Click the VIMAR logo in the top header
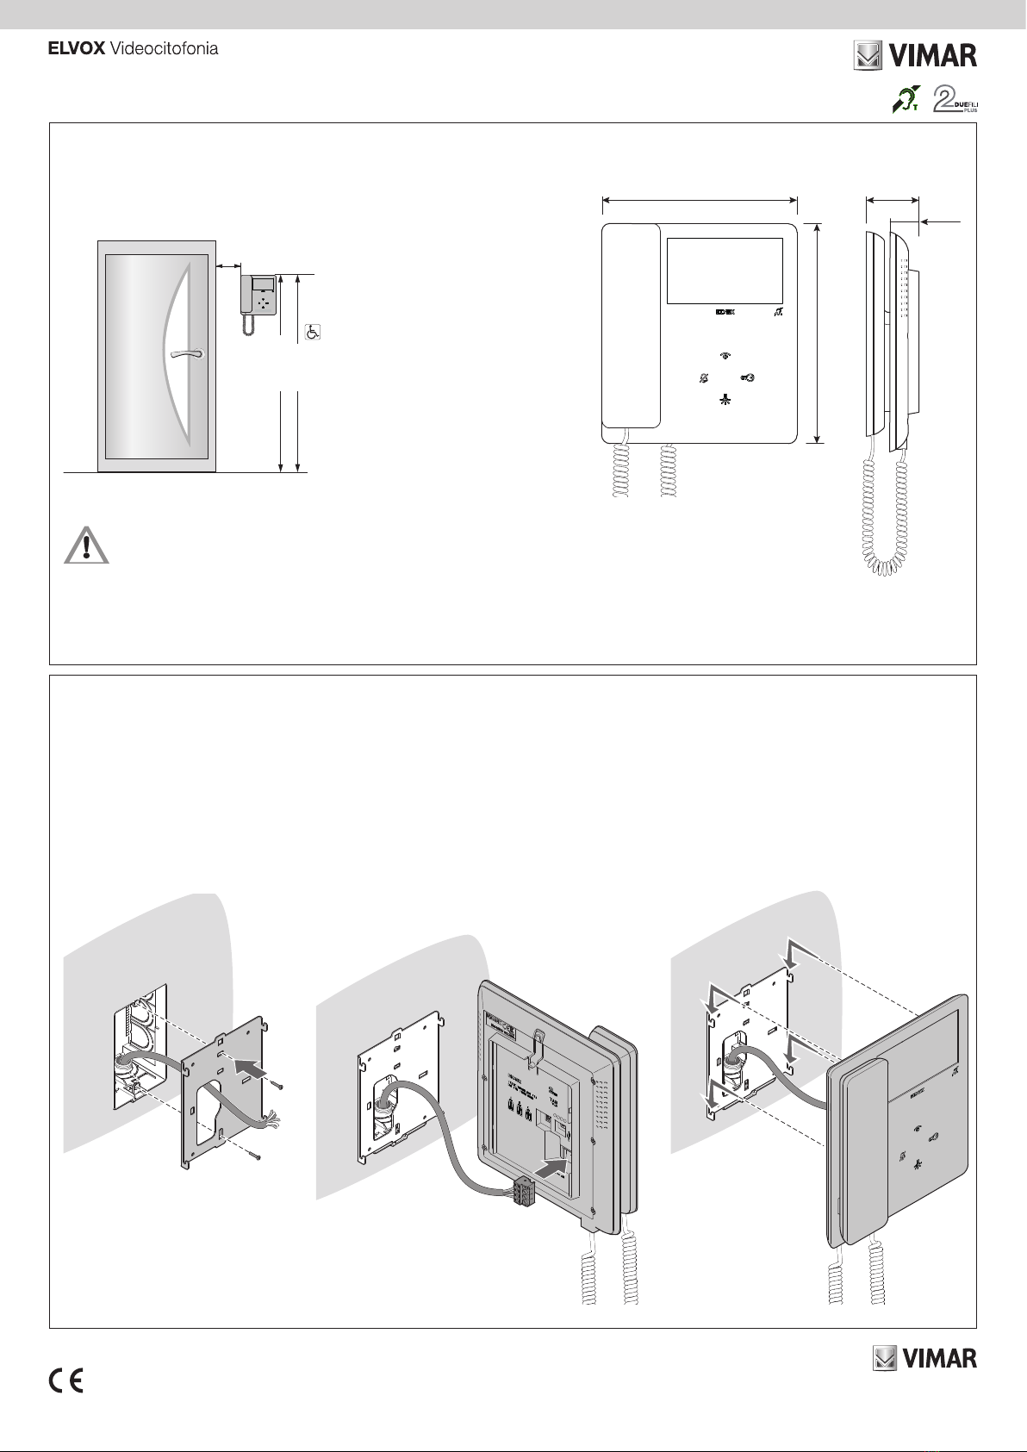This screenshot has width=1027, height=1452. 915,56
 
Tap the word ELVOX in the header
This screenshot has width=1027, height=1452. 76,49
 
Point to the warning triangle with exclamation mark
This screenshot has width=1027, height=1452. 86,545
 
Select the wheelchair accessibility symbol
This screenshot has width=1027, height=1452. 314,332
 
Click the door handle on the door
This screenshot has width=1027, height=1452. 185,352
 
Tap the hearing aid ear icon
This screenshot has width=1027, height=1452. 905,100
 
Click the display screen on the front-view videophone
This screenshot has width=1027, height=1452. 725,271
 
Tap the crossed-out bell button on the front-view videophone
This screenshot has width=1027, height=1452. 704,378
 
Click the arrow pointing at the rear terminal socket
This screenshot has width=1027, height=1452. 553,1168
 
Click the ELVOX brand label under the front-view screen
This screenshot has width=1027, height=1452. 725,313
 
